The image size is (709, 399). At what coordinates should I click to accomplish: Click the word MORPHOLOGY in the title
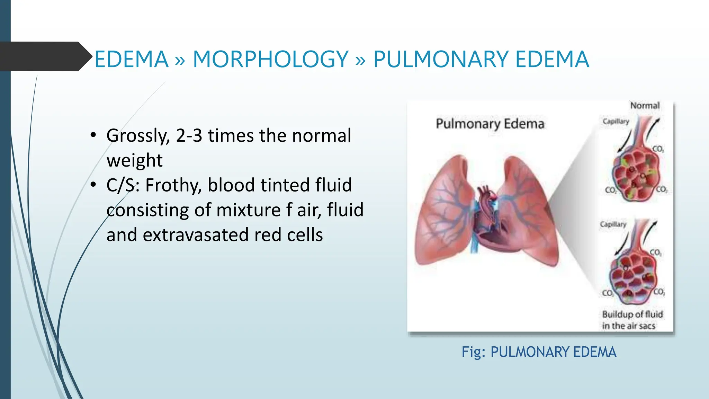(270, 59)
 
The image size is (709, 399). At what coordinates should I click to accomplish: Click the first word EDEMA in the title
(132, 59)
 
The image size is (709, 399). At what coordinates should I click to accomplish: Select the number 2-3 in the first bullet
(189, 135)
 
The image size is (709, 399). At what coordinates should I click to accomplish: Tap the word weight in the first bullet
(134, 160)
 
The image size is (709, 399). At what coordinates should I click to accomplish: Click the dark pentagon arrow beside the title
(45, 56)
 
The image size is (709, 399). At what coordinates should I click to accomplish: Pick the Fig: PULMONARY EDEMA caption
(539, 352)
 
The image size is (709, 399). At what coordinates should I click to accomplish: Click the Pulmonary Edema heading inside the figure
(490, 124)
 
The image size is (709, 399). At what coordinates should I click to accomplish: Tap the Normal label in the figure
(645, 105)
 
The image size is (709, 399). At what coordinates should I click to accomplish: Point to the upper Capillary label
(616, 121)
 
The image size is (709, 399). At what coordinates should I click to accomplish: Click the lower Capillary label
(613, 224)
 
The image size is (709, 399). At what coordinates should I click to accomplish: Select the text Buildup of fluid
(632, 314)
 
